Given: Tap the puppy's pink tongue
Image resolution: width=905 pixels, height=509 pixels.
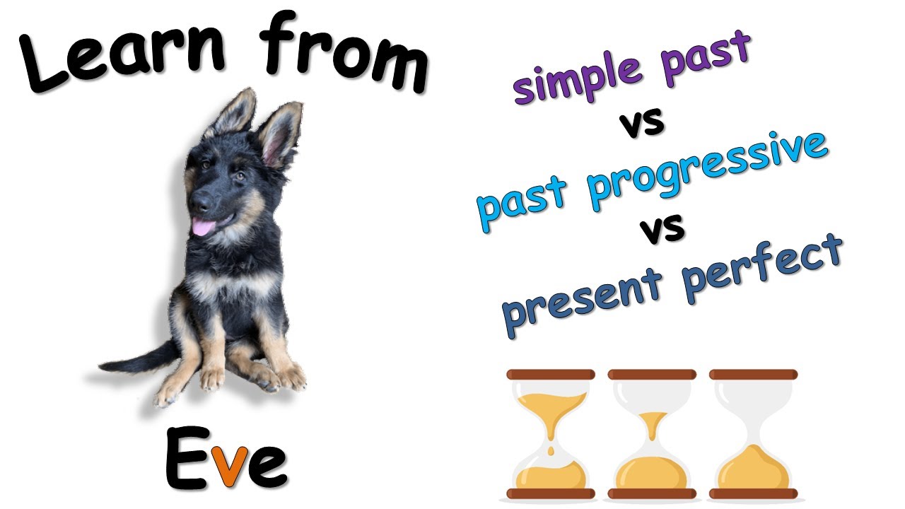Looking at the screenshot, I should [x=204, y=227].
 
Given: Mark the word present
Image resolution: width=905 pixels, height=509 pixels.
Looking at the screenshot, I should [x=583, y=297].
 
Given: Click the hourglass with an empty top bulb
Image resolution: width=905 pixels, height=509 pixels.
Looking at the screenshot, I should [x=754, y=434].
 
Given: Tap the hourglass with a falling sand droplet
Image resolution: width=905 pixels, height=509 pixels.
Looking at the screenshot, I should [x=550, y=434].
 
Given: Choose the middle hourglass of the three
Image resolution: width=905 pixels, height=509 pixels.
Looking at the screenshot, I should [x=652, y=434].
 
